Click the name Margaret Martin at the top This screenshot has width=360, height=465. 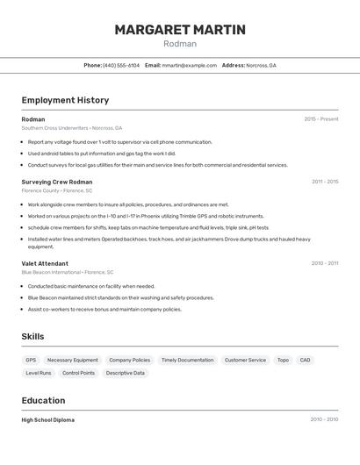click(x=180, y=30)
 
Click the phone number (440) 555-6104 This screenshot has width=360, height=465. click(x=121, y=66)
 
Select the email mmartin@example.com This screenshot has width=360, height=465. click(x=189, y=66)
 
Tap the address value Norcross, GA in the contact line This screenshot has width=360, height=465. click(x=261, y=66)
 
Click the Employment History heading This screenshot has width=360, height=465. click(x=65, y=100)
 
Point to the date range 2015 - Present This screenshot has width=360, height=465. click(x=321, y=119)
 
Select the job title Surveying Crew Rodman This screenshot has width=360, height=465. click(x=57, y=182)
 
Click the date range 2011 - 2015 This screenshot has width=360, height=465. click(x=325, y=182)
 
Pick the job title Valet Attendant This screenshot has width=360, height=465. click(x=45, y=263)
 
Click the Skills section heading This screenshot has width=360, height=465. click(x=32, y=336)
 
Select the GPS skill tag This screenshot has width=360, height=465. click(x=31, y=360)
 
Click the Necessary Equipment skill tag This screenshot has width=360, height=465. click(x=73, y=360)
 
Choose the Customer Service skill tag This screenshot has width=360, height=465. click(x=245, y=360)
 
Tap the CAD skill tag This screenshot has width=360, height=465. click(x=305, y=360)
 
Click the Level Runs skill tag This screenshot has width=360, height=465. click(x=39, y=373)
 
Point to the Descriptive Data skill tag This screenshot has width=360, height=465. click(x=126, y=373)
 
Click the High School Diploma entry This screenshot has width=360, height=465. click(x=48, y=420)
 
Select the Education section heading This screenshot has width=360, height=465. click(x=43, y=400)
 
